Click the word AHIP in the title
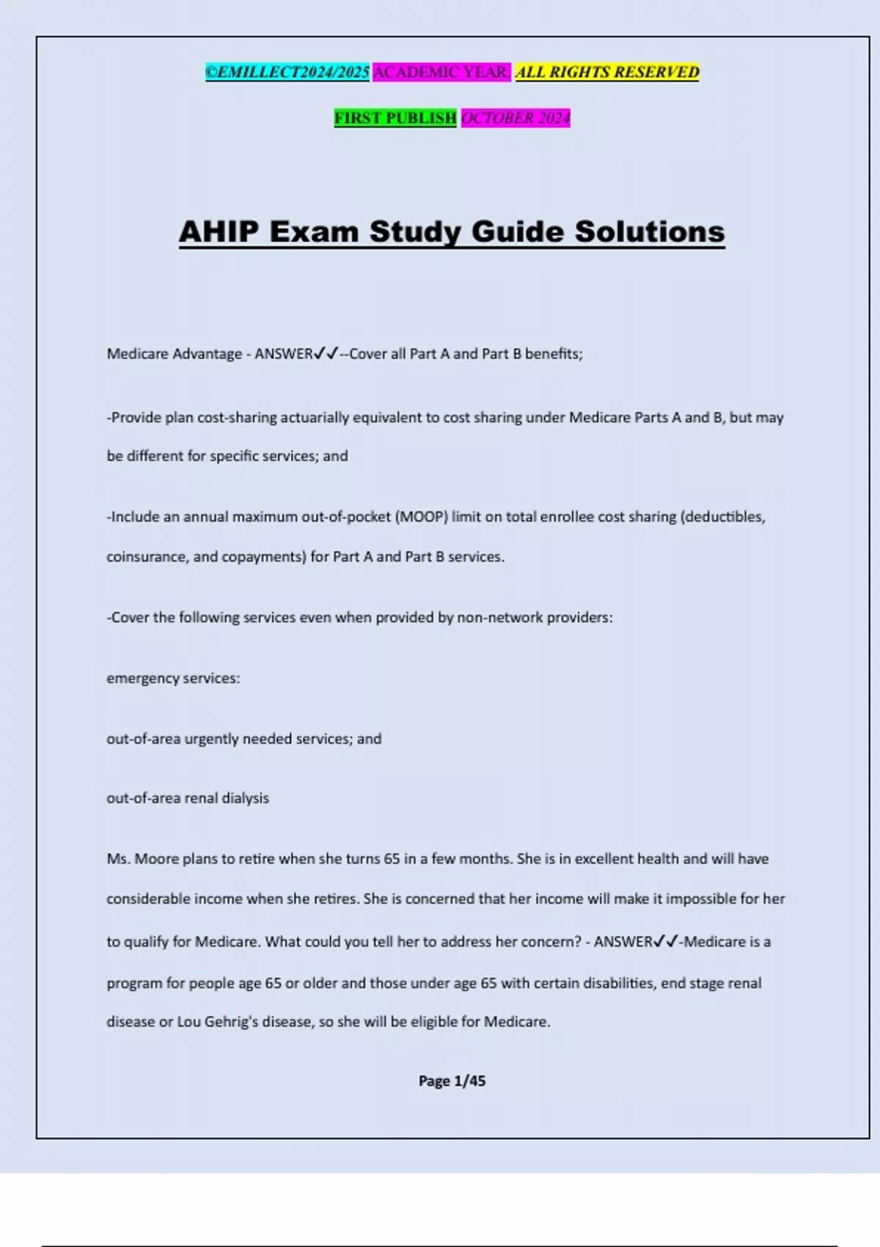point(219,232)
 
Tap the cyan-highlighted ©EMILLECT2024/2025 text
point(287,72)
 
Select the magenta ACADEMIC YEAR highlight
point(441,72)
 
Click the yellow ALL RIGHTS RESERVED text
point(607,72)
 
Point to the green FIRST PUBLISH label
point(395,117)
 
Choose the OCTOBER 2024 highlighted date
point(516,117)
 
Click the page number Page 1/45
point(452,1080)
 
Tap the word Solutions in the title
point(650,232)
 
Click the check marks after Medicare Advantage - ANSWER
point(326,354)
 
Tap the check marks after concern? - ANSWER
point(666,941)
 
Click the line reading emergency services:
point(173,678)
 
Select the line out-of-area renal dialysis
point(188,797)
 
